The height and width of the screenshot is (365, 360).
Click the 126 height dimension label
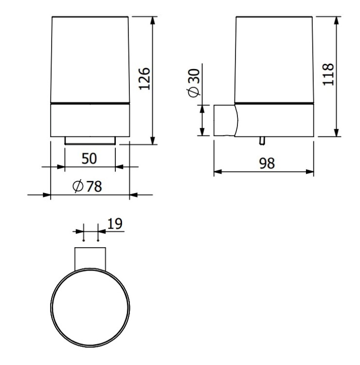click(x=144, y=79)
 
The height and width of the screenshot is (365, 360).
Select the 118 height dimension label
click(x=328, y=74)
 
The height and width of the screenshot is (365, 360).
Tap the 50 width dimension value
click(x=89, y=159)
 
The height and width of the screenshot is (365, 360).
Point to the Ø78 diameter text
click(x=87, y=186)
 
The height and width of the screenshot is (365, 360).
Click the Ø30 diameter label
click(x=194, y=83)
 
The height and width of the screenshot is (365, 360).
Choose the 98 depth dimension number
click(x=267, y=163)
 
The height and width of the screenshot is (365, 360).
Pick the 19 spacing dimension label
click(x=115, y=224)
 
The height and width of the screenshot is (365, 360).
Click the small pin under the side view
click(x=262, y=141)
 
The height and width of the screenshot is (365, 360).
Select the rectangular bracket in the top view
click(x=90, y=258)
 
